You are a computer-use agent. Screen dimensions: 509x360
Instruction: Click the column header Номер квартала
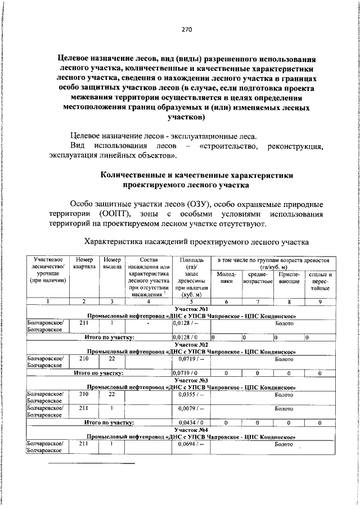84,263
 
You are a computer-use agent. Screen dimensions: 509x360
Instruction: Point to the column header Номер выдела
112,263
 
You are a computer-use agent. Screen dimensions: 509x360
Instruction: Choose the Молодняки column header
226,278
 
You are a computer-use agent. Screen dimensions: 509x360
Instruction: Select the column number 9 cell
320,301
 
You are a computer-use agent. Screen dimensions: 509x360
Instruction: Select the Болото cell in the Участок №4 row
284,444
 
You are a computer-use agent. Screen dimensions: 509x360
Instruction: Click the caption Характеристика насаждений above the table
136,242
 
